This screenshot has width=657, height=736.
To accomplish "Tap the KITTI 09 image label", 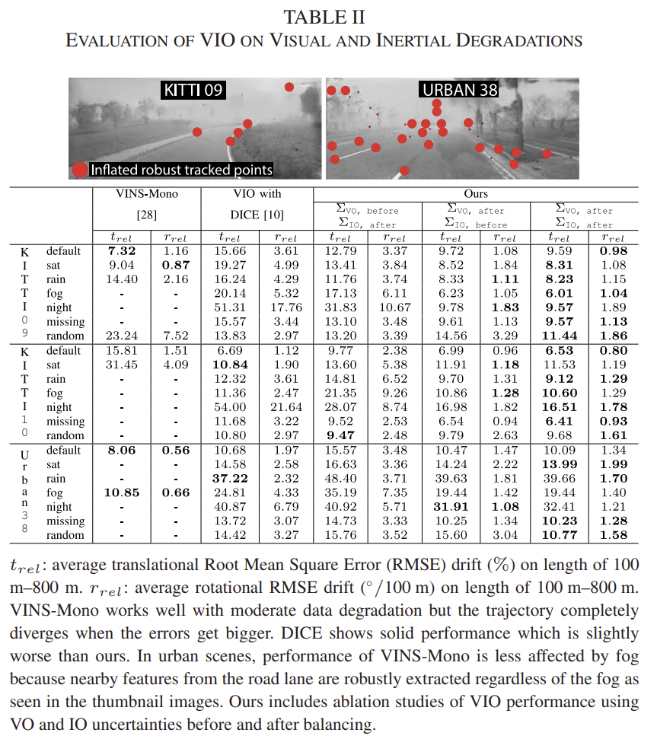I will coord(193,91).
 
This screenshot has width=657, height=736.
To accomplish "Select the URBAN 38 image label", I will coord(459,91).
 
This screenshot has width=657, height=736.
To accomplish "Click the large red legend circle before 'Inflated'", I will coord(79,170).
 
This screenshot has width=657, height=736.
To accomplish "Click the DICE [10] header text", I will coord(257,216).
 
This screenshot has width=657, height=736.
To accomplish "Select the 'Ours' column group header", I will coord(476,194).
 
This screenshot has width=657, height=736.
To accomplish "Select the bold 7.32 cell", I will coord(121,250).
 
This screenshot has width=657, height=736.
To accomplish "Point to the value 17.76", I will coord(286,307).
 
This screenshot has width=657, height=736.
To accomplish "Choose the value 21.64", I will coord(286,407).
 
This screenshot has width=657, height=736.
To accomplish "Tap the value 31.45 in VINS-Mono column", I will coord(121,365).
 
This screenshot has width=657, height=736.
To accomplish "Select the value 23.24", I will coord(121,336).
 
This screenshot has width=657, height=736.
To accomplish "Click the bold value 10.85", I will coord(121,492).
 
